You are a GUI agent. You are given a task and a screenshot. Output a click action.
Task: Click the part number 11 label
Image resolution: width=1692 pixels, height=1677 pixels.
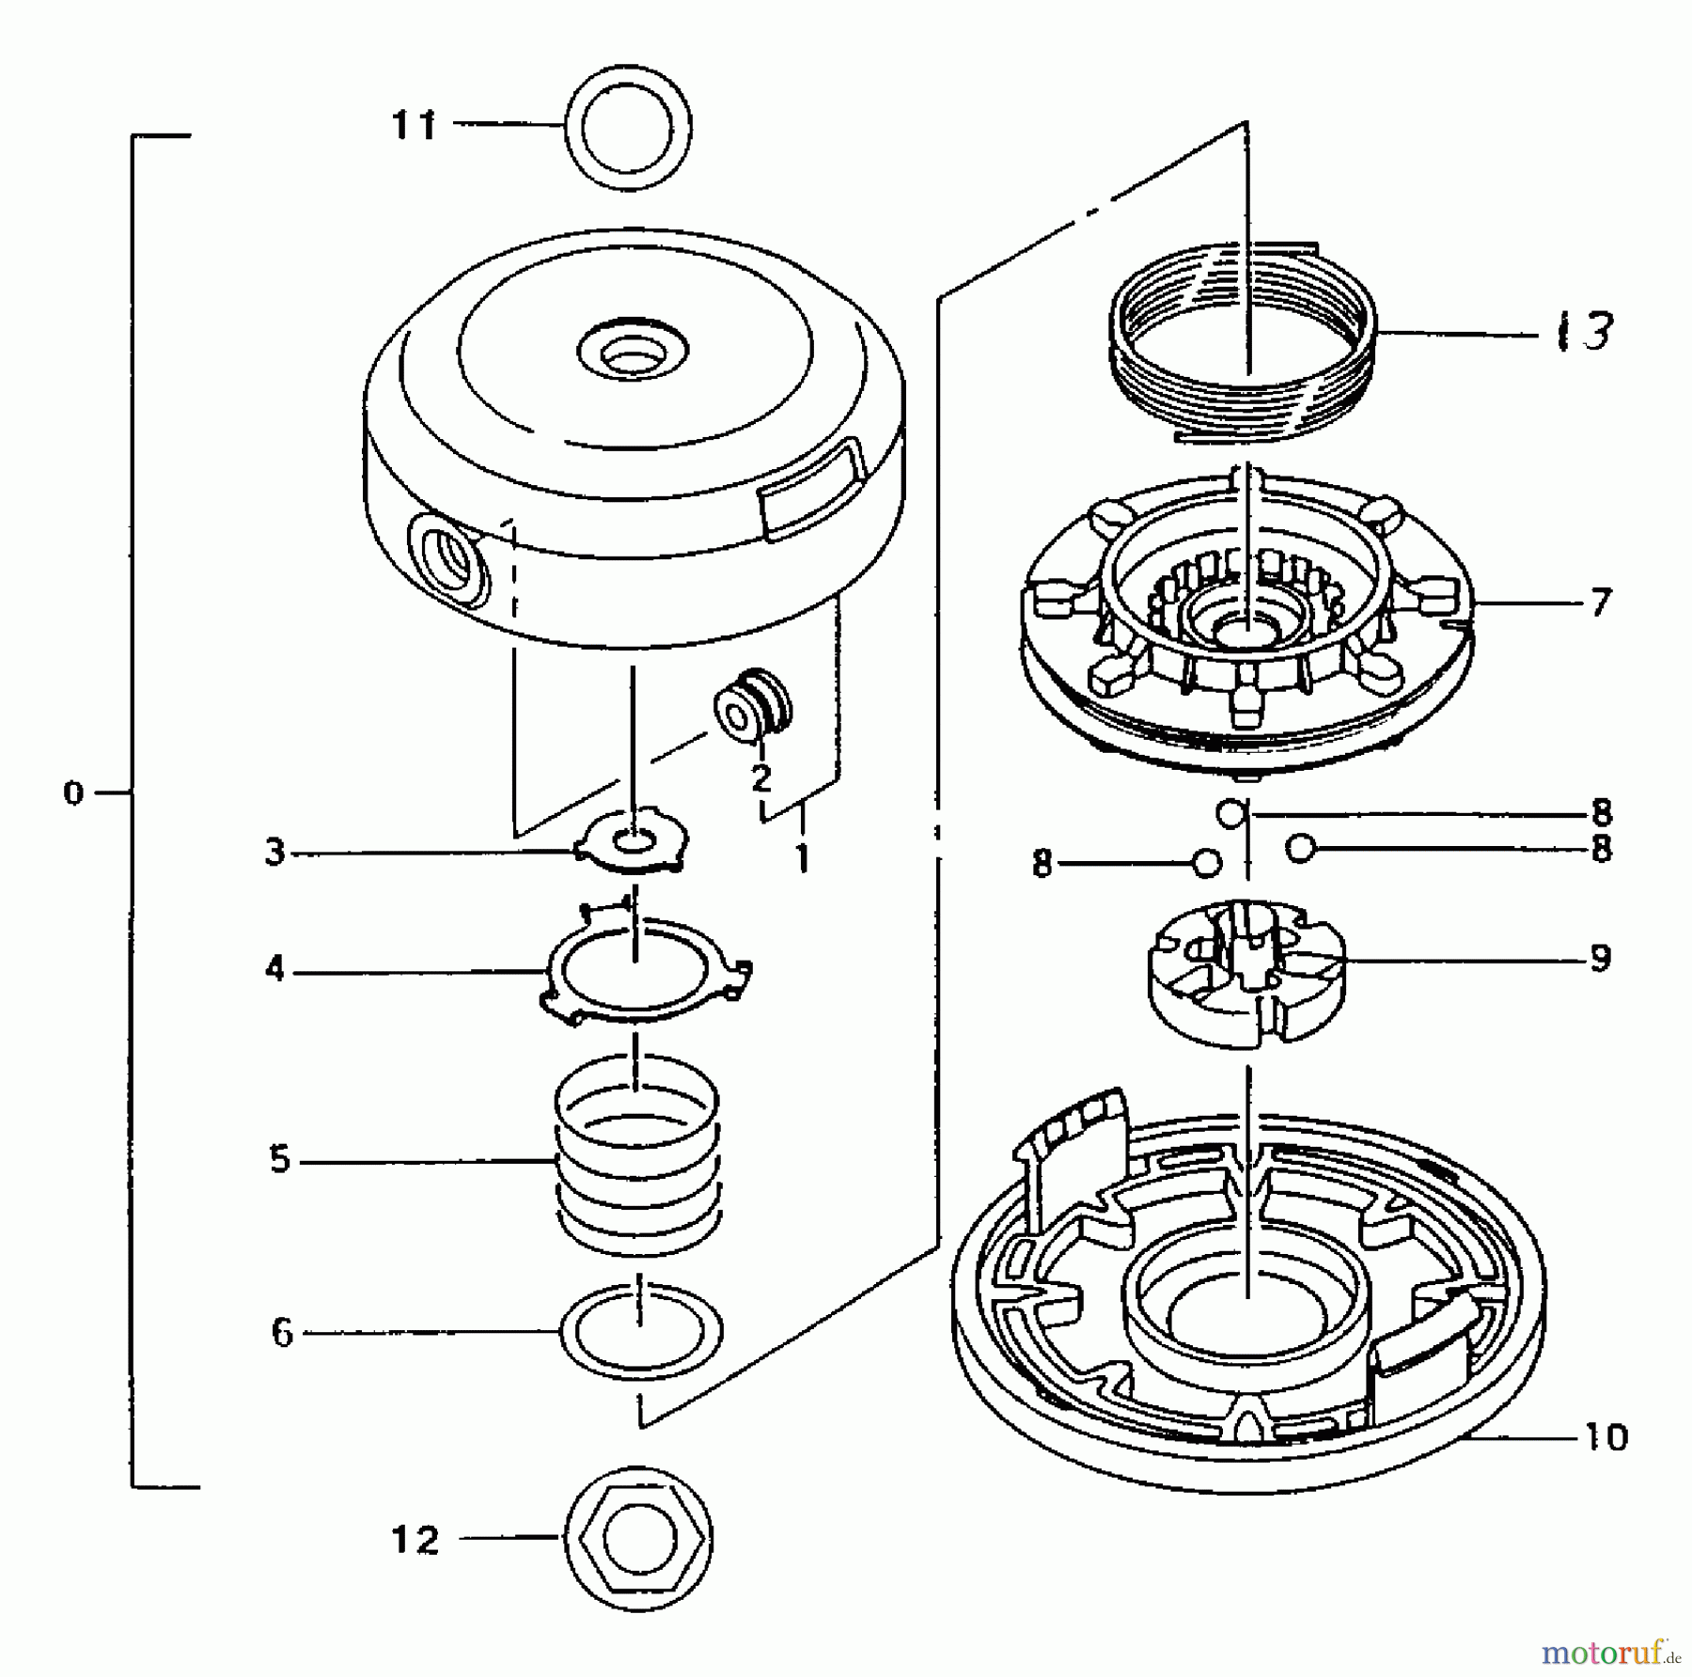tap(415, 124)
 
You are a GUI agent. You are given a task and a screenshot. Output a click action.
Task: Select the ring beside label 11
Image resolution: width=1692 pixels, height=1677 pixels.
tap(628, 127)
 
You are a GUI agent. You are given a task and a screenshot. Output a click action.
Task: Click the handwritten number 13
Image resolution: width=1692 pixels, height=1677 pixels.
tap(1585, 331)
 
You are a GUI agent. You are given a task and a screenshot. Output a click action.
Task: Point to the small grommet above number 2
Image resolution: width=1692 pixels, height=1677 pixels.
tap(752, 703)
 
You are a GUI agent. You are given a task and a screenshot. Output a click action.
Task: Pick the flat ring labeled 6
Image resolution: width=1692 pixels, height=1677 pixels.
tap(641, 1333)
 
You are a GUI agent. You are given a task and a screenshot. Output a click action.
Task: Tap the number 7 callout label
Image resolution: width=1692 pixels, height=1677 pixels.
tap(1600, 602)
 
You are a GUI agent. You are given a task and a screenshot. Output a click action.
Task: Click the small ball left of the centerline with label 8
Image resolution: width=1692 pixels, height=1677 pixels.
tap(1206, 862)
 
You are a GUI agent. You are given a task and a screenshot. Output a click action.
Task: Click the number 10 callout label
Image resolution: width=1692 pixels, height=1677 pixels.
tap(1606, 1436)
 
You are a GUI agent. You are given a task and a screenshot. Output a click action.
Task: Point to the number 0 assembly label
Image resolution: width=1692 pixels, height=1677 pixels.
tap(73, 794)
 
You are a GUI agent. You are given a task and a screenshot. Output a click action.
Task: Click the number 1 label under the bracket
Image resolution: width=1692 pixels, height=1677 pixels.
tap(802, 857)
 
